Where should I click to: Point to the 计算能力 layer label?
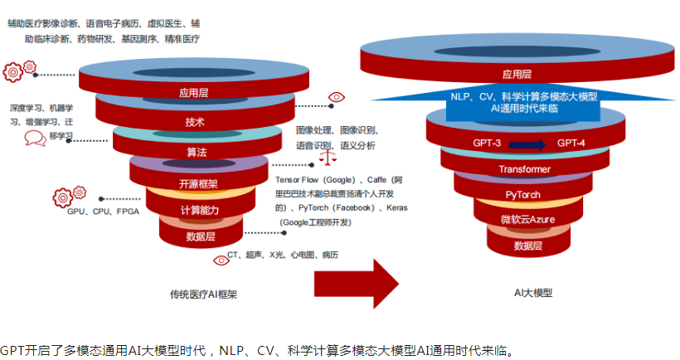(199, 210)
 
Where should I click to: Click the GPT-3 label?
(487, 144)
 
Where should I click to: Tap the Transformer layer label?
(524, 169)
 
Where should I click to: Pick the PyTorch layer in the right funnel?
(525, 194)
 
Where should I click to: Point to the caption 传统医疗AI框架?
(197, 294)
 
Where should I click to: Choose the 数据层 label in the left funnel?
(201, 236)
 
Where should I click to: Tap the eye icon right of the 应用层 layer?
(335, 97)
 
